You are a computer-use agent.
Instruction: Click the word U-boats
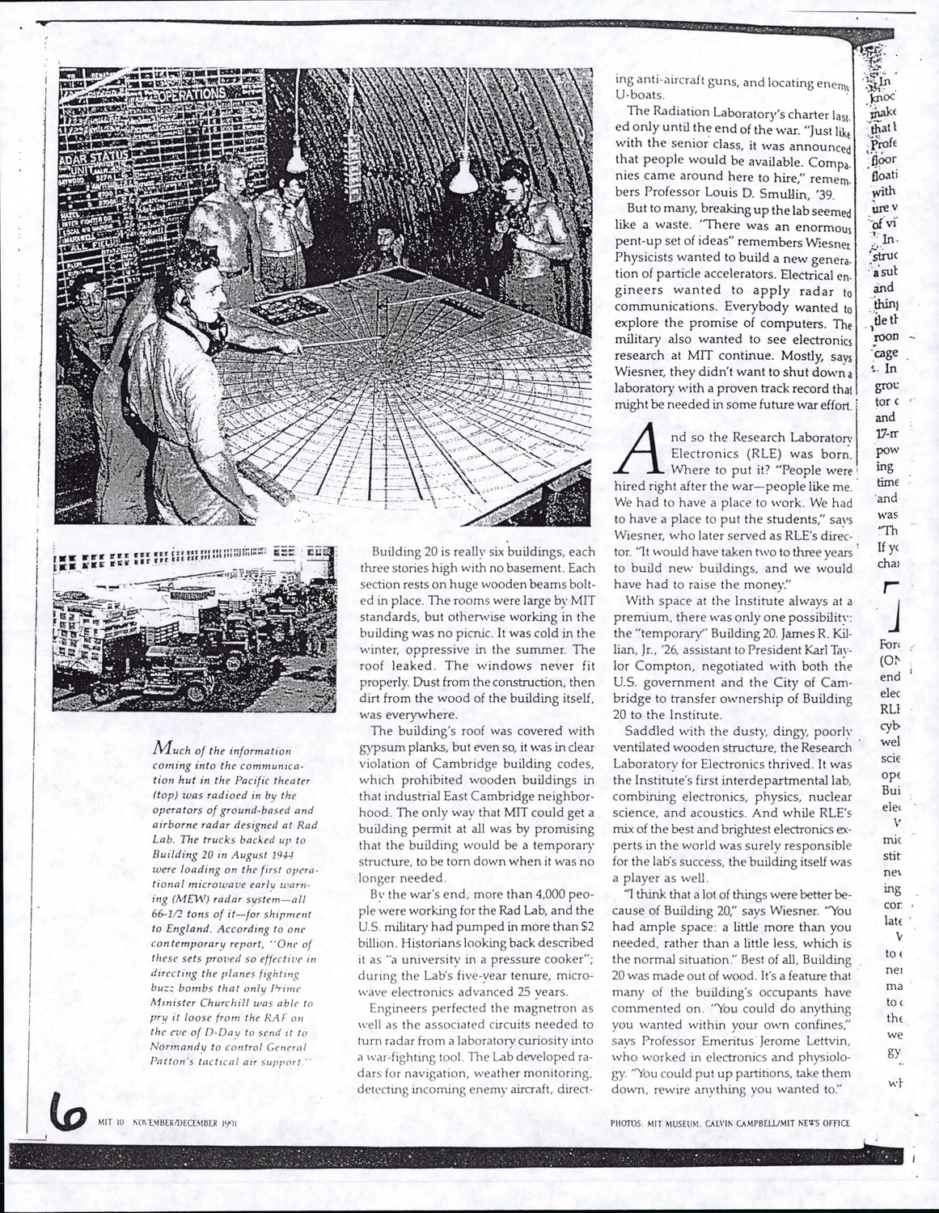pos(636,94)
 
